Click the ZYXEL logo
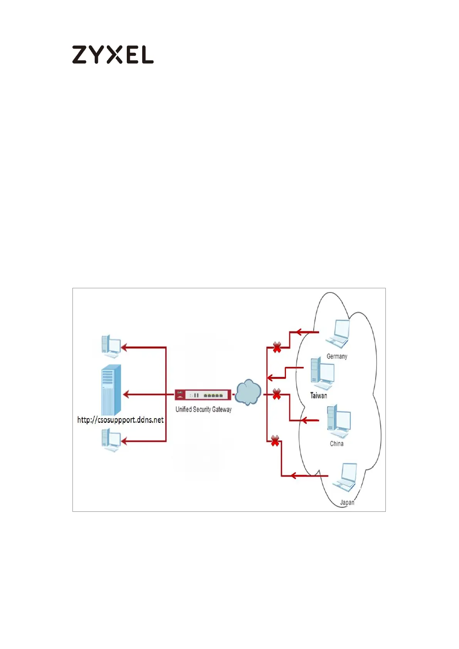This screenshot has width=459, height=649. (113, 55)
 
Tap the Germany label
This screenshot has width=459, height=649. (337, 356)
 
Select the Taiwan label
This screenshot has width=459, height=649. (319, 395)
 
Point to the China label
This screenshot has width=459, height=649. (336, 444)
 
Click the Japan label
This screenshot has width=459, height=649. (347, 503)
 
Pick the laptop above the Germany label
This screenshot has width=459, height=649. (338, 334)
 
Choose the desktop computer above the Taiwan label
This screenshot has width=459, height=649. (322, 374)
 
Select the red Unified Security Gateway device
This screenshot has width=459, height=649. (203, 395)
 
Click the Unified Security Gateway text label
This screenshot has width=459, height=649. (203, 409)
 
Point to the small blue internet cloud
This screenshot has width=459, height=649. (248, 393)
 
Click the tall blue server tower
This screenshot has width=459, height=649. (111, 389)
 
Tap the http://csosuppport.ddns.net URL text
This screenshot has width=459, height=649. (120, 420)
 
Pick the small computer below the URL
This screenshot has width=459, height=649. (111, 439)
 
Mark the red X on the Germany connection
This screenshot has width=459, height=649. (277, 348)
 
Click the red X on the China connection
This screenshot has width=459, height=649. (277, 394)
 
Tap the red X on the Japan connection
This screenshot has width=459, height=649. (275, 441)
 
